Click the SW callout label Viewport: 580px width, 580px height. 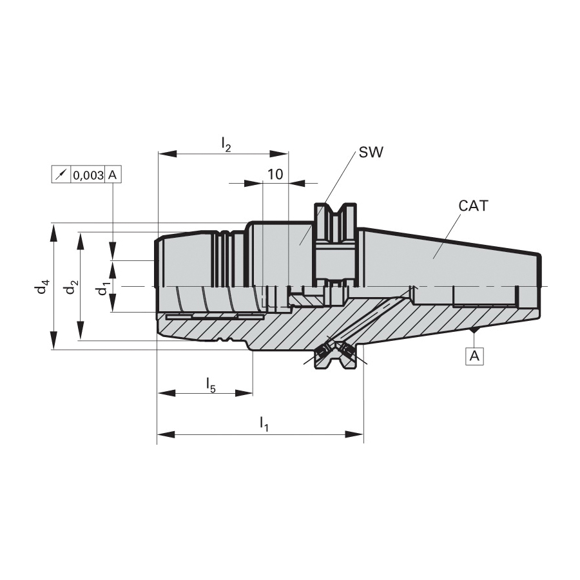(371, 152)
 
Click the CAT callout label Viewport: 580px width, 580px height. (473, 206)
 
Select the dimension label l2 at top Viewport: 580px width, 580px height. (226, 144)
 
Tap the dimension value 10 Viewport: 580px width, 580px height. (275, 174)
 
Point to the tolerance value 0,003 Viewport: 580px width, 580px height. (88, 175)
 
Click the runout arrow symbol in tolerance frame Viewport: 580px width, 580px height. (61, 175)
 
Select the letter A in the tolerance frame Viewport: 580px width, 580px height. (112, 175)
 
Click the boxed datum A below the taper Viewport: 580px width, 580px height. (474, 356)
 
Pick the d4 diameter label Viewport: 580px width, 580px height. (43, 287)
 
